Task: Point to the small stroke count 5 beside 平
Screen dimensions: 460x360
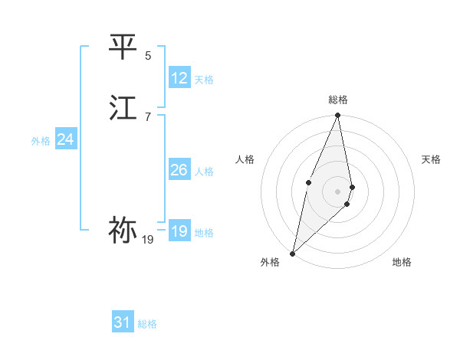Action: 148,55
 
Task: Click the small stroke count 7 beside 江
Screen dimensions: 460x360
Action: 148,116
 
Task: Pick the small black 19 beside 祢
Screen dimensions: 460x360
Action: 148,240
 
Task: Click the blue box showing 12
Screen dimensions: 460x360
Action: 179,78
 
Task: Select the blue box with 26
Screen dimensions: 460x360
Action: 179,170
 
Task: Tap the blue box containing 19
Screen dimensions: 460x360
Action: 179,231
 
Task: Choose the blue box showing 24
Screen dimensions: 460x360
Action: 66,139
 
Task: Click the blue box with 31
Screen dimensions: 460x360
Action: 123,322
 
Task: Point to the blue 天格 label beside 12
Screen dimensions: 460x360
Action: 204,80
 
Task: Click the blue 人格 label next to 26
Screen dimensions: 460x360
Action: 204,172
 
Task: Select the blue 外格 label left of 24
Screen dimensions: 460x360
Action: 41,141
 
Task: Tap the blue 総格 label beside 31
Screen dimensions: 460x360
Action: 147,324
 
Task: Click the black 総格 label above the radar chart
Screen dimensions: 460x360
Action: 338,100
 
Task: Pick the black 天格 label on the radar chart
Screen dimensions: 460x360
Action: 432,159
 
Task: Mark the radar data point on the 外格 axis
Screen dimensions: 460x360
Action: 292,253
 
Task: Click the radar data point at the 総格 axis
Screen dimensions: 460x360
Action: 338,116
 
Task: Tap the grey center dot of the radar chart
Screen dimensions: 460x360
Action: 338,191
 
